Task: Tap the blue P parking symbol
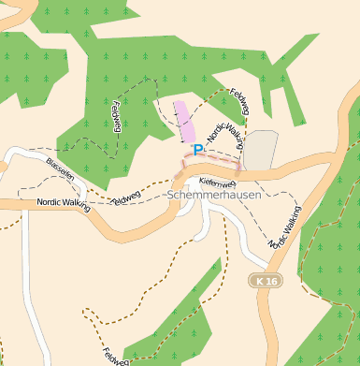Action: [197, 149]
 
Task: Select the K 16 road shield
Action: [266, 280]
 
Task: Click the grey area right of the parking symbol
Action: [261, 150]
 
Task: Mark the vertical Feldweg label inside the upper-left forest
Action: [116, 117]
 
